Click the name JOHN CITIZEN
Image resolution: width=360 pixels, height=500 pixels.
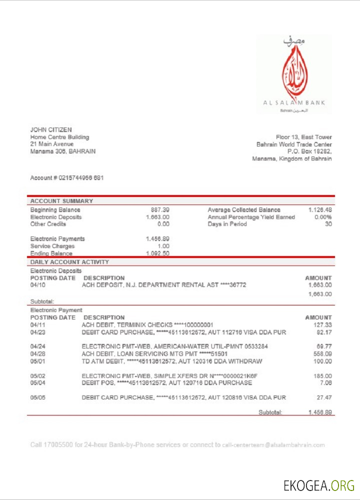pos(51,130)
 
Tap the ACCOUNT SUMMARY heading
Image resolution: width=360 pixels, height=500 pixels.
pos(61,201)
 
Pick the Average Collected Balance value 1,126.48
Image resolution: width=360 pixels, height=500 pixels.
pos(320,210)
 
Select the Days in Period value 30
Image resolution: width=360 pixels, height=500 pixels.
pos(328,224)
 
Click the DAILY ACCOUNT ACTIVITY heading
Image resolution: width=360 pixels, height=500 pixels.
pos(69,262)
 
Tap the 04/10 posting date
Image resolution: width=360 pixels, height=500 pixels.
pos(38,285)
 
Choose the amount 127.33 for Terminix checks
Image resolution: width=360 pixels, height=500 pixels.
pos(322,324)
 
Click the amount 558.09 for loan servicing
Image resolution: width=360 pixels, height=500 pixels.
pos(322,353)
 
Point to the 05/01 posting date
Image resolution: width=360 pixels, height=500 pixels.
pos(38,361)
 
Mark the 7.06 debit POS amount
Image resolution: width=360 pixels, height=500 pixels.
pos(325,383)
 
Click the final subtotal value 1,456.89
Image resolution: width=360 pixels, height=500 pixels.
pos(320,412)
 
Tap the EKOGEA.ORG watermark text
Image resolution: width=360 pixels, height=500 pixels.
pos(318,485)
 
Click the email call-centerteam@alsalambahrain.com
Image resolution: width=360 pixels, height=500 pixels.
pos(273,445)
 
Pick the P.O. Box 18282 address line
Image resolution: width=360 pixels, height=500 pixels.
pos(309,151)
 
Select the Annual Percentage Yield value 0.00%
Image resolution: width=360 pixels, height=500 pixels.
pos(323,217)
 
